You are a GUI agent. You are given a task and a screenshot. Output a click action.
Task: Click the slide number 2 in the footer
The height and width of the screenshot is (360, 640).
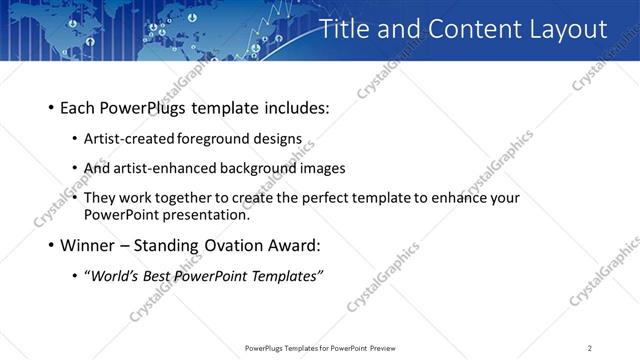pos(589,348)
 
